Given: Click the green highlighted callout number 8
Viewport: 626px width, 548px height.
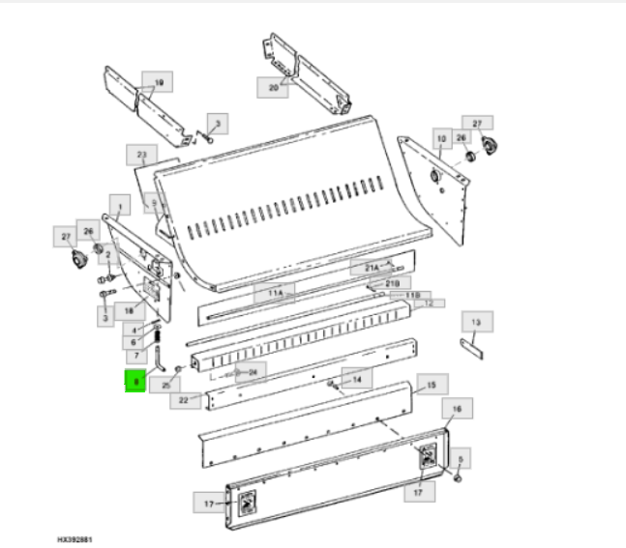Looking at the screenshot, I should tap(136, 383).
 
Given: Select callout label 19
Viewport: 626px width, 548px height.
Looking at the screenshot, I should tap(158, 80).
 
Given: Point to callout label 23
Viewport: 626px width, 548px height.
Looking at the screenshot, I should tap(141, 155).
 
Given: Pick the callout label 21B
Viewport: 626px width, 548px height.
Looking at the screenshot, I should tap(392, 282).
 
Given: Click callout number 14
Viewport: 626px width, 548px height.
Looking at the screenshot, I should tap(357, 380).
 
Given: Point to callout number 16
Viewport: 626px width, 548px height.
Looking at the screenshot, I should tap(458, 410).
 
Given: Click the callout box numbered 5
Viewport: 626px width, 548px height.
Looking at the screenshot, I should tap(461, 459).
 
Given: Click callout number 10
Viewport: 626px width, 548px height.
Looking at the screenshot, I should tap(441, 140).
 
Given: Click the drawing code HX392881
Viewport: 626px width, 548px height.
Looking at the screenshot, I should tap(74, 539).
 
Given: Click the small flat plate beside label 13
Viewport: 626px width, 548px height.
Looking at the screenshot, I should tap(471, 345).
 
